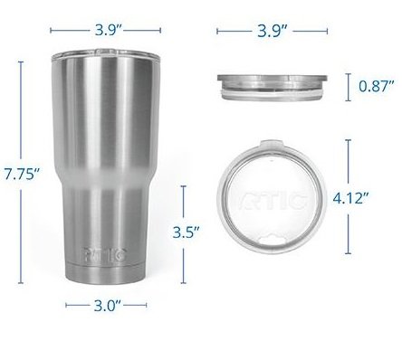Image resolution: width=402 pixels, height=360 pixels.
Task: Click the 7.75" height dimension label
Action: [22, 174]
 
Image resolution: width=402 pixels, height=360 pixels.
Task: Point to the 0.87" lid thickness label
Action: [377, 86]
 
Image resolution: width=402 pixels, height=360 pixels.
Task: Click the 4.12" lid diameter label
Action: [350, 198]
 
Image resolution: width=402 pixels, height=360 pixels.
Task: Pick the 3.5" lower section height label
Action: [186, 232]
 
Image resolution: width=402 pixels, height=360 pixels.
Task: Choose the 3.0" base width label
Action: [108, 306]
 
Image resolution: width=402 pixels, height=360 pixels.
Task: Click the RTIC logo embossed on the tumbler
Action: [104, 255]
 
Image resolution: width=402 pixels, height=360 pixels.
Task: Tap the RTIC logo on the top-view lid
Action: [272, 199]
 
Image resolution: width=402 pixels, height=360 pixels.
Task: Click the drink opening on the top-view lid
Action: [272, 239]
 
